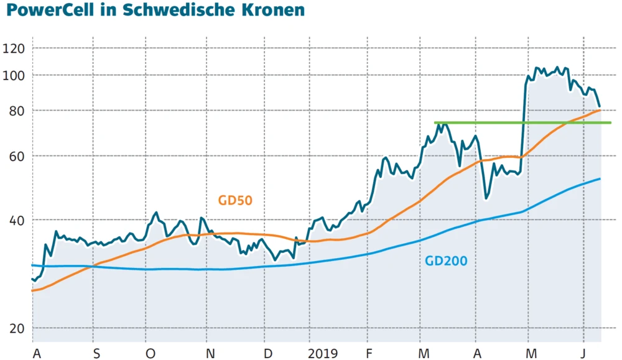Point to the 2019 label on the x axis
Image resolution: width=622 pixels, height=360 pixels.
tap(323, 353)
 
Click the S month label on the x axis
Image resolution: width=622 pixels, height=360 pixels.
tap(96, 353)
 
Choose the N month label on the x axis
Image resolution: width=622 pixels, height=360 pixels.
tap(210, 353)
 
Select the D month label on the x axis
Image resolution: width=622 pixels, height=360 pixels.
tap(268, 353)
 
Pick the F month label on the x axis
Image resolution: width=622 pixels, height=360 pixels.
tap(370, 353)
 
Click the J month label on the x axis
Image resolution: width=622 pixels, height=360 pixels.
tap(583, 353)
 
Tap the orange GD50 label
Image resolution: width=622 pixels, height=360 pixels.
tap(235, 200)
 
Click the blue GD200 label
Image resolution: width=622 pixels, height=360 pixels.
tap(446, 261)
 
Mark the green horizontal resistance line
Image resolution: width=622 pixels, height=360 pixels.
tap(522, 122)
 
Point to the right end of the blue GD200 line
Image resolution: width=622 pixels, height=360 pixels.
tap(600, 179)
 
